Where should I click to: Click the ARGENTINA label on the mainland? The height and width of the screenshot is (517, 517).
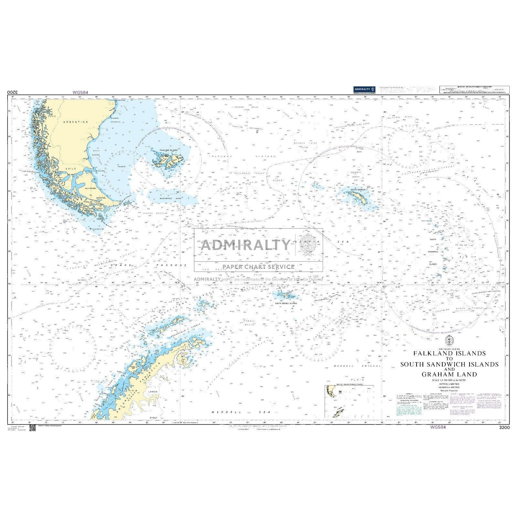pos(76,122)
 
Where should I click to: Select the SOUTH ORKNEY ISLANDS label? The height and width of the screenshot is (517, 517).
pos(286,303)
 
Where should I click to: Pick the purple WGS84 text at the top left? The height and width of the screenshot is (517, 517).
pos(80,92)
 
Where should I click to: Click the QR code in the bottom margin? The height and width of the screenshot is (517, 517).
pos(32,428)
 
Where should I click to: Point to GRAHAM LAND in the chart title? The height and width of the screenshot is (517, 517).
pos(449,375)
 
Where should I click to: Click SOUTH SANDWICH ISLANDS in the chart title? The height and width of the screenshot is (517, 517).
pos(449,364)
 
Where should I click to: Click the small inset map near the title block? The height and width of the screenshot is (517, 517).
pos(349,401)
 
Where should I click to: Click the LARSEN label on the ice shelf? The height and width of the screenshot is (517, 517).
pos(153,392)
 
